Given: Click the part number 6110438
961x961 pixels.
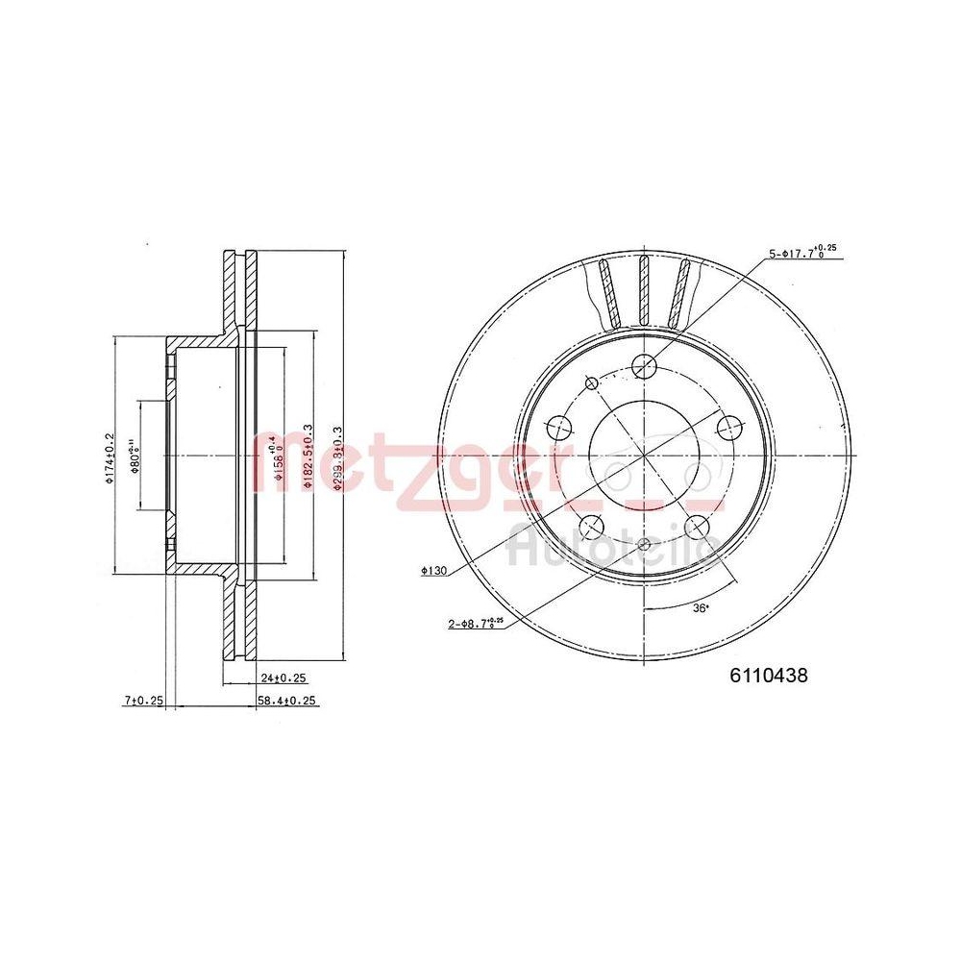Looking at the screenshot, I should [769, 675].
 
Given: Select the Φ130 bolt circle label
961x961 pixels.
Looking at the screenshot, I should [435, 571].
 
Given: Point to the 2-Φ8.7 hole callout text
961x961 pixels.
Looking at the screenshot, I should [476, 624].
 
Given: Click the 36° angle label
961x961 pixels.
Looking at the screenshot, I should [700, 608].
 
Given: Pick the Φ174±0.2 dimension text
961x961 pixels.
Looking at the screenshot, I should [111, 457].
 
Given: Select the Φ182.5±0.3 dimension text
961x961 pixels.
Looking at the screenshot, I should [308, 457].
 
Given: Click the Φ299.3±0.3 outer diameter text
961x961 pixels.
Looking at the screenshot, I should [336, 457].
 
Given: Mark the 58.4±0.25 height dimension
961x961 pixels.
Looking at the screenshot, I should [286, 702].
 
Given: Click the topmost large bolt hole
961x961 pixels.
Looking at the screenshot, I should [644, 363].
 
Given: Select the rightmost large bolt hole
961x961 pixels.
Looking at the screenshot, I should [727, 425].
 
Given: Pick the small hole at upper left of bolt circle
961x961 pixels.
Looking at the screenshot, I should [591, 383].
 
